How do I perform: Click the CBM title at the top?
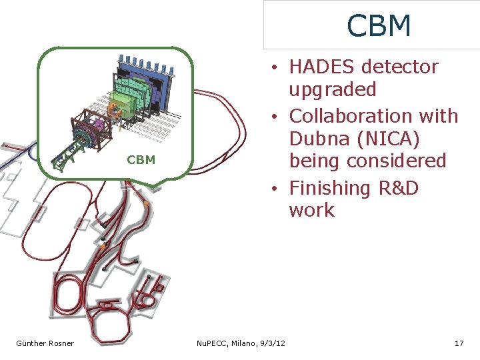[379, 26]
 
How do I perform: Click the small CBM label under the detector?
[141, 160]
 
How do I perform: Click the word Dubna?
[317, 139]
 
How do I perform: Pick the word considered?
[399, 161]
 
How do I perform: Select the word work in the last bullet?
[311, 210]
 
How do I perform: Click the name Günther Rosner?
[45, 343]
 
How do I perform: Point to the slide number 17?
[459, 343]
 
